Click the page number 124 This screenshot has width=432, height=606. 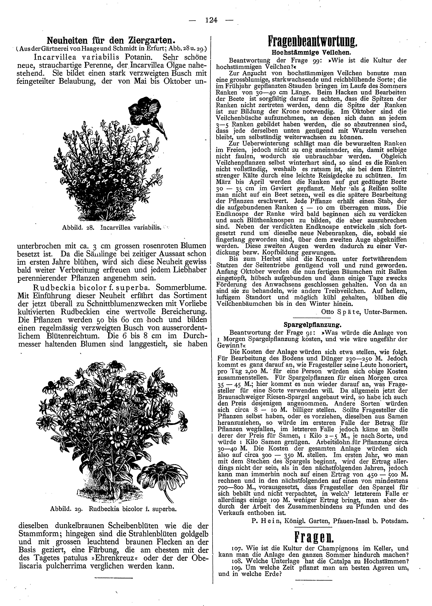click(x=211, y=20)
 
